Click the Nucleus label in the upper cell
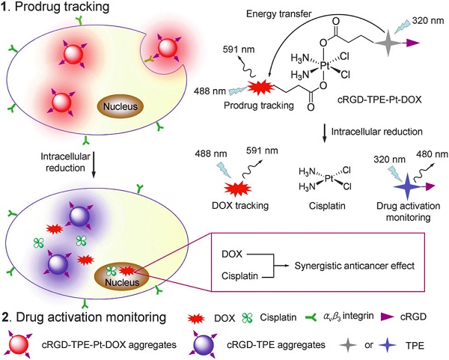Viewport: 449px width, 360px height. (120, 106)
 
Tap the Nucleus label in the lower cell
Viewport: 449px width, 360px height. (122, 282)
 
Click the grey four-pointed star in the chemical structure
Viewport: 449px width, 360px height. (388, 43)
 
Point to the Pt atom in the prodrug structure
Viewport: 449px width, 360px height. (325, 67)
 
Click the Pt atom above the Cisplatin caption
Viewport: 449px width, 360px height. (329, 179)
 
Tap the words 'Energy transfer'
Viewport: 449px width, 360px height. (279, 13)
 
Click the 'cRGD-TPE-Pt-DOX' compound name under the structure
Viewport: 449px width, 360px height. (379, 100)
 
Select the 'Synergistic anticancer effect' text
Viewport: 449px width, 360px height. (355, 266)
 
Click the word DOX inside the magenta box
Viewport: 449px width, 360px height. (232, 254)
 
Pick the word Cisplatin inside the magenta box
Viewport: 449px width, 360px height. (239, 276)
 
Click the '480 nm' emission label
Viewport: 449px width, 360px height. (433, 154)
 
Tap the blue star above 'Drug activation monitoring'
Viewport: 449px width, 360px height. (408, 186)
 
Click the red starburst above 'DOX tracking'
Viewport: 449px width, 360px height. (238, 189)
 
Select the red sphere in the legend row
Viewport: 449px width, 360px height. (19, 344)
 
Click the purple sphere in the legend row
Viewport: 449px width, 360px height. (204, 344)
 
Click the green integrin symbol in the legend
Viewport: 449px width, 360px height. (311, 317)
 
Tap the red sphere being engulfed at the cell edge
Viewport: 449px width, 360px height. (167, 48)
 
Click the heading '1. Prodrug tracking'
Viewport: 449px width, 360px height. (55, 6)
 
